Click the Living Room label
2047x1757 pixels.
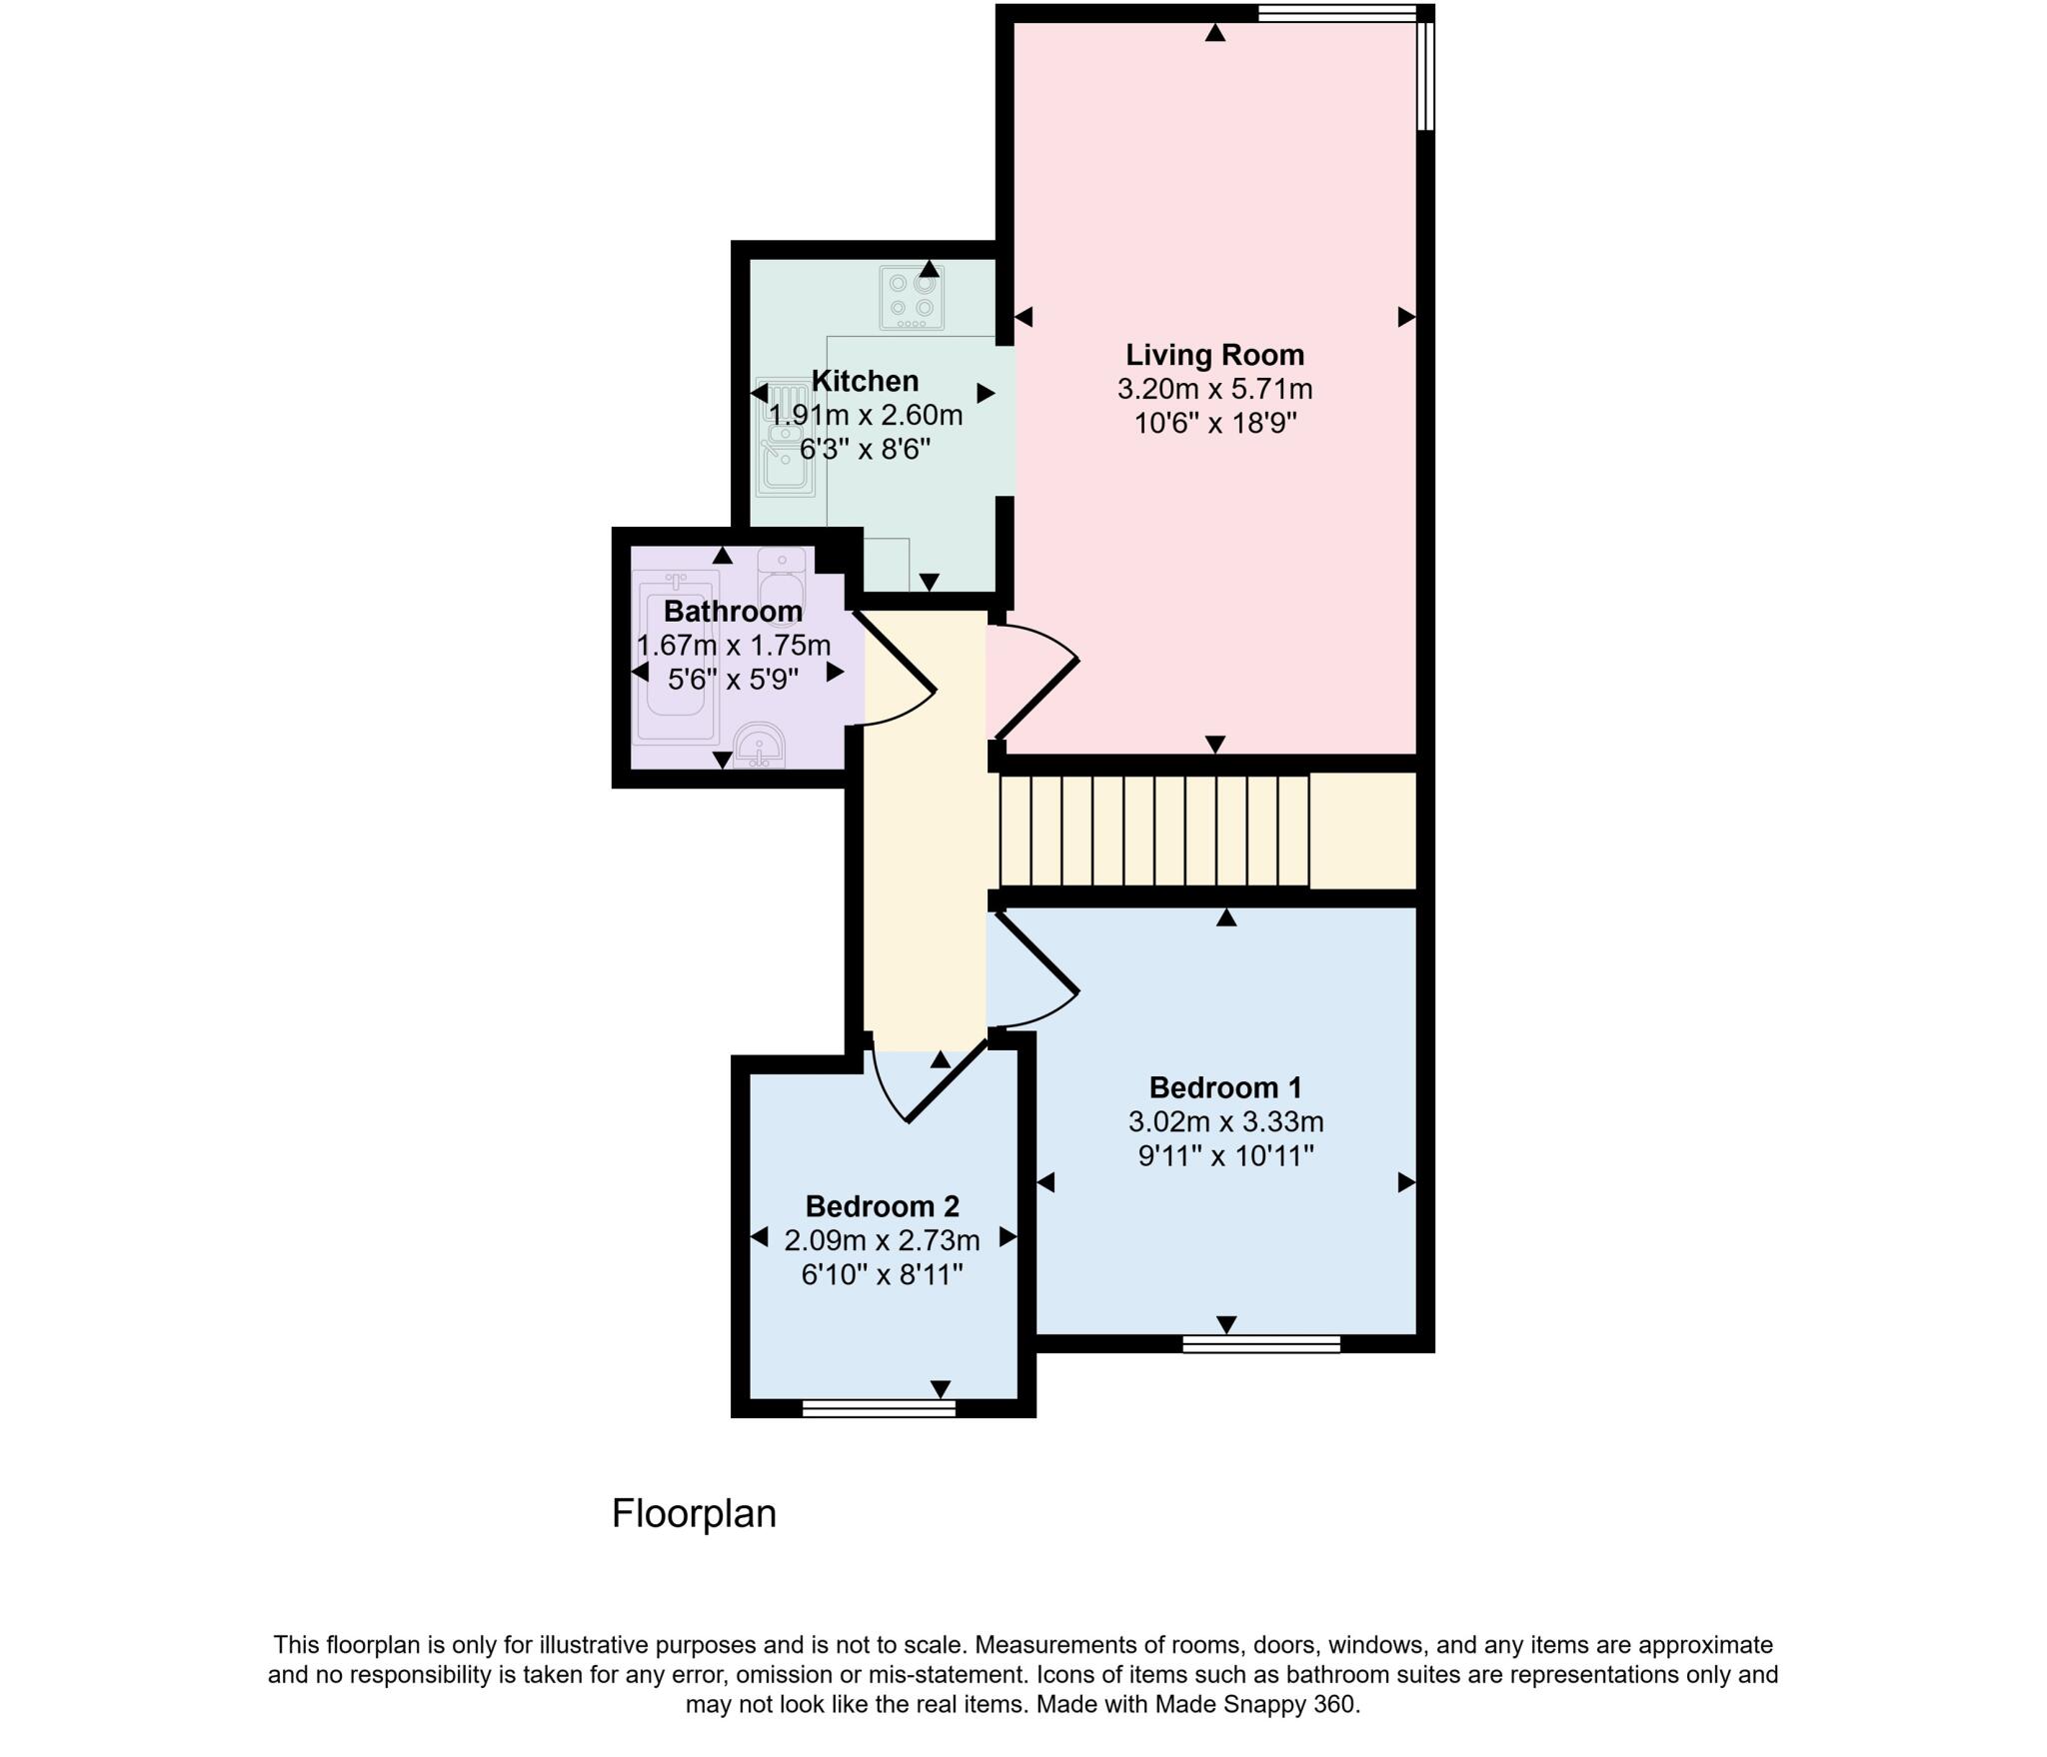pyautogui.click(x=1214, y=355)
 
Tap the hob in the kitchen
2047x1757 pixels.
pyautogui.click(x=912, y=297)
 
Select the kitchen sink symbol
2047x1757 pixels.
pyautogui.click(x=786, y=440)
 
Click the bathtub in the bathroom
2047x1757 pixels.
pyautogui.click(x=676, y=656)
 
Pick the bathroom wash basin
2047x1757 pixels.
pyautogui.click(x=760, y=746)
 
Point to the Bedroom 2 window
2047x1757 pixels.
pyautogui.click(x=879, y=1408)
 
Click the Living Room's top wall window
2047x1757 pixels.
pyautogui.click(x=1336, y=13)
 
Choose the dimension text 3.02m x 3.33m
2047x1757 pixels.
pyautogui.click(x=1225, y=1122)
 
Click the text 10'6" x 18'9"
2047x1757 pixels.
pyautogui.click(x=1214, y=424)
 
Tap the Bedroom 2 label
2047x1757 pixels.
pyautogui.click(x=882, y=1206)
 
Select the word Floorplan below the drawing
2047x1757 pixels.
pyautogui.click(x=694, y=1514)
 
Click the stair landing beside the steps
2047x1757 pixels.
pyautogui.click(x=1362, y=831)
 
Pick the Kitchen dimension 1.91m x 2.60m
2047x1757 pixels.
pyautogui.click(x=866, y=415)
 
